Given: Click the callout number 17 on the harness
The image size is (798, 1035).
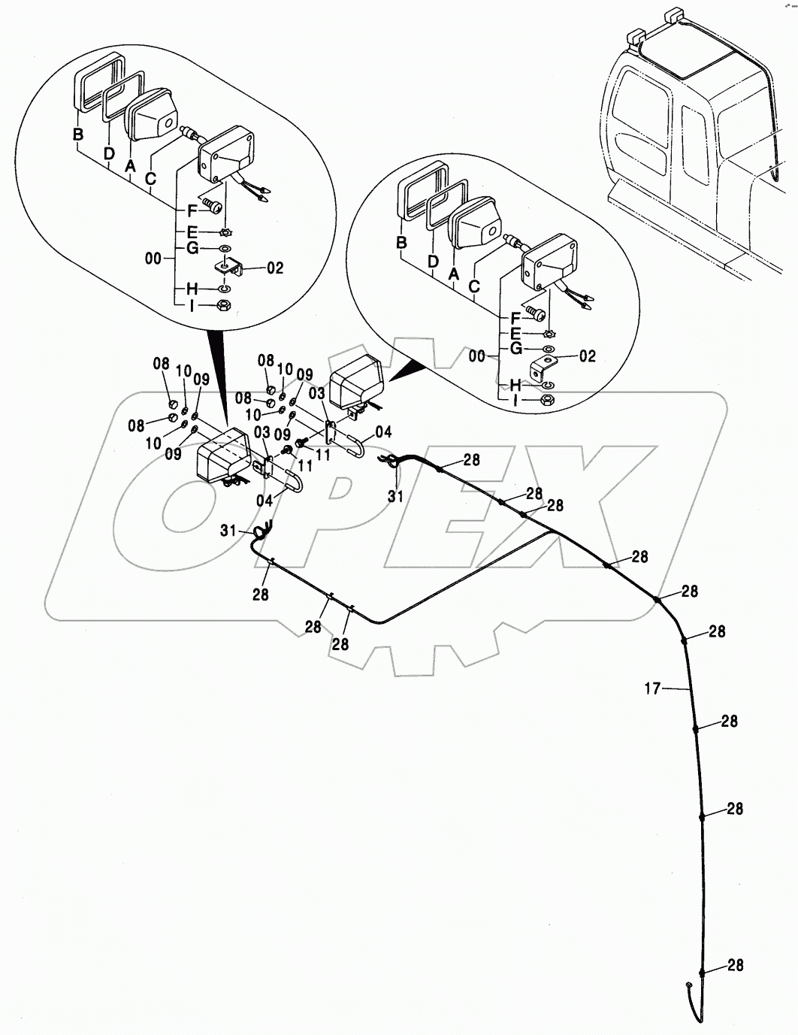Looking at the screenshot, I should (x=652, y=687).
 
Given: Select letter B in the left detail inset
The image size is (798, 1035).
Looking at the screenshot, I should (x=77, y=135).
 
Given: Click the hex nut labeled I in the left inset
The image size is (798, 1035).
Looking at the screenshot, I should (x=223, y=305).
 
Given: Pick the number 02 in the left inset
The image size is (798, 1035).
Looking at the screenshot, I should (x=275, y=268).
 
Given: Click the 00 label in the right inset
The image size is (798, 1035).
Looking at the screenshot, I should (x=476, y=356).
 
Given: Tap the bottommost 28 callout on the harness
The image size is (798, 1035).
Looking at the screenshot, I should (x=736, y=965).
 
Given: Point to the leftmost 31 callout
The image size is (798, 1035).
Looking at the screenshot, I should (x=228, y=531).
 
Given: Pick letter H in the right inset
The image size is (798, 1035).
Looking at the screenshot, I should (x=515, y=385).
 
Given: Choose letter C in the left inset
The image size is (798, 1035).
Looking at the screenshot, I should (x=150, y=180).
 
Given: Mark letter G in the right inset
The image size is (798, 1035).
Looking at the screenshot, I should (x=515, y=348).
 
